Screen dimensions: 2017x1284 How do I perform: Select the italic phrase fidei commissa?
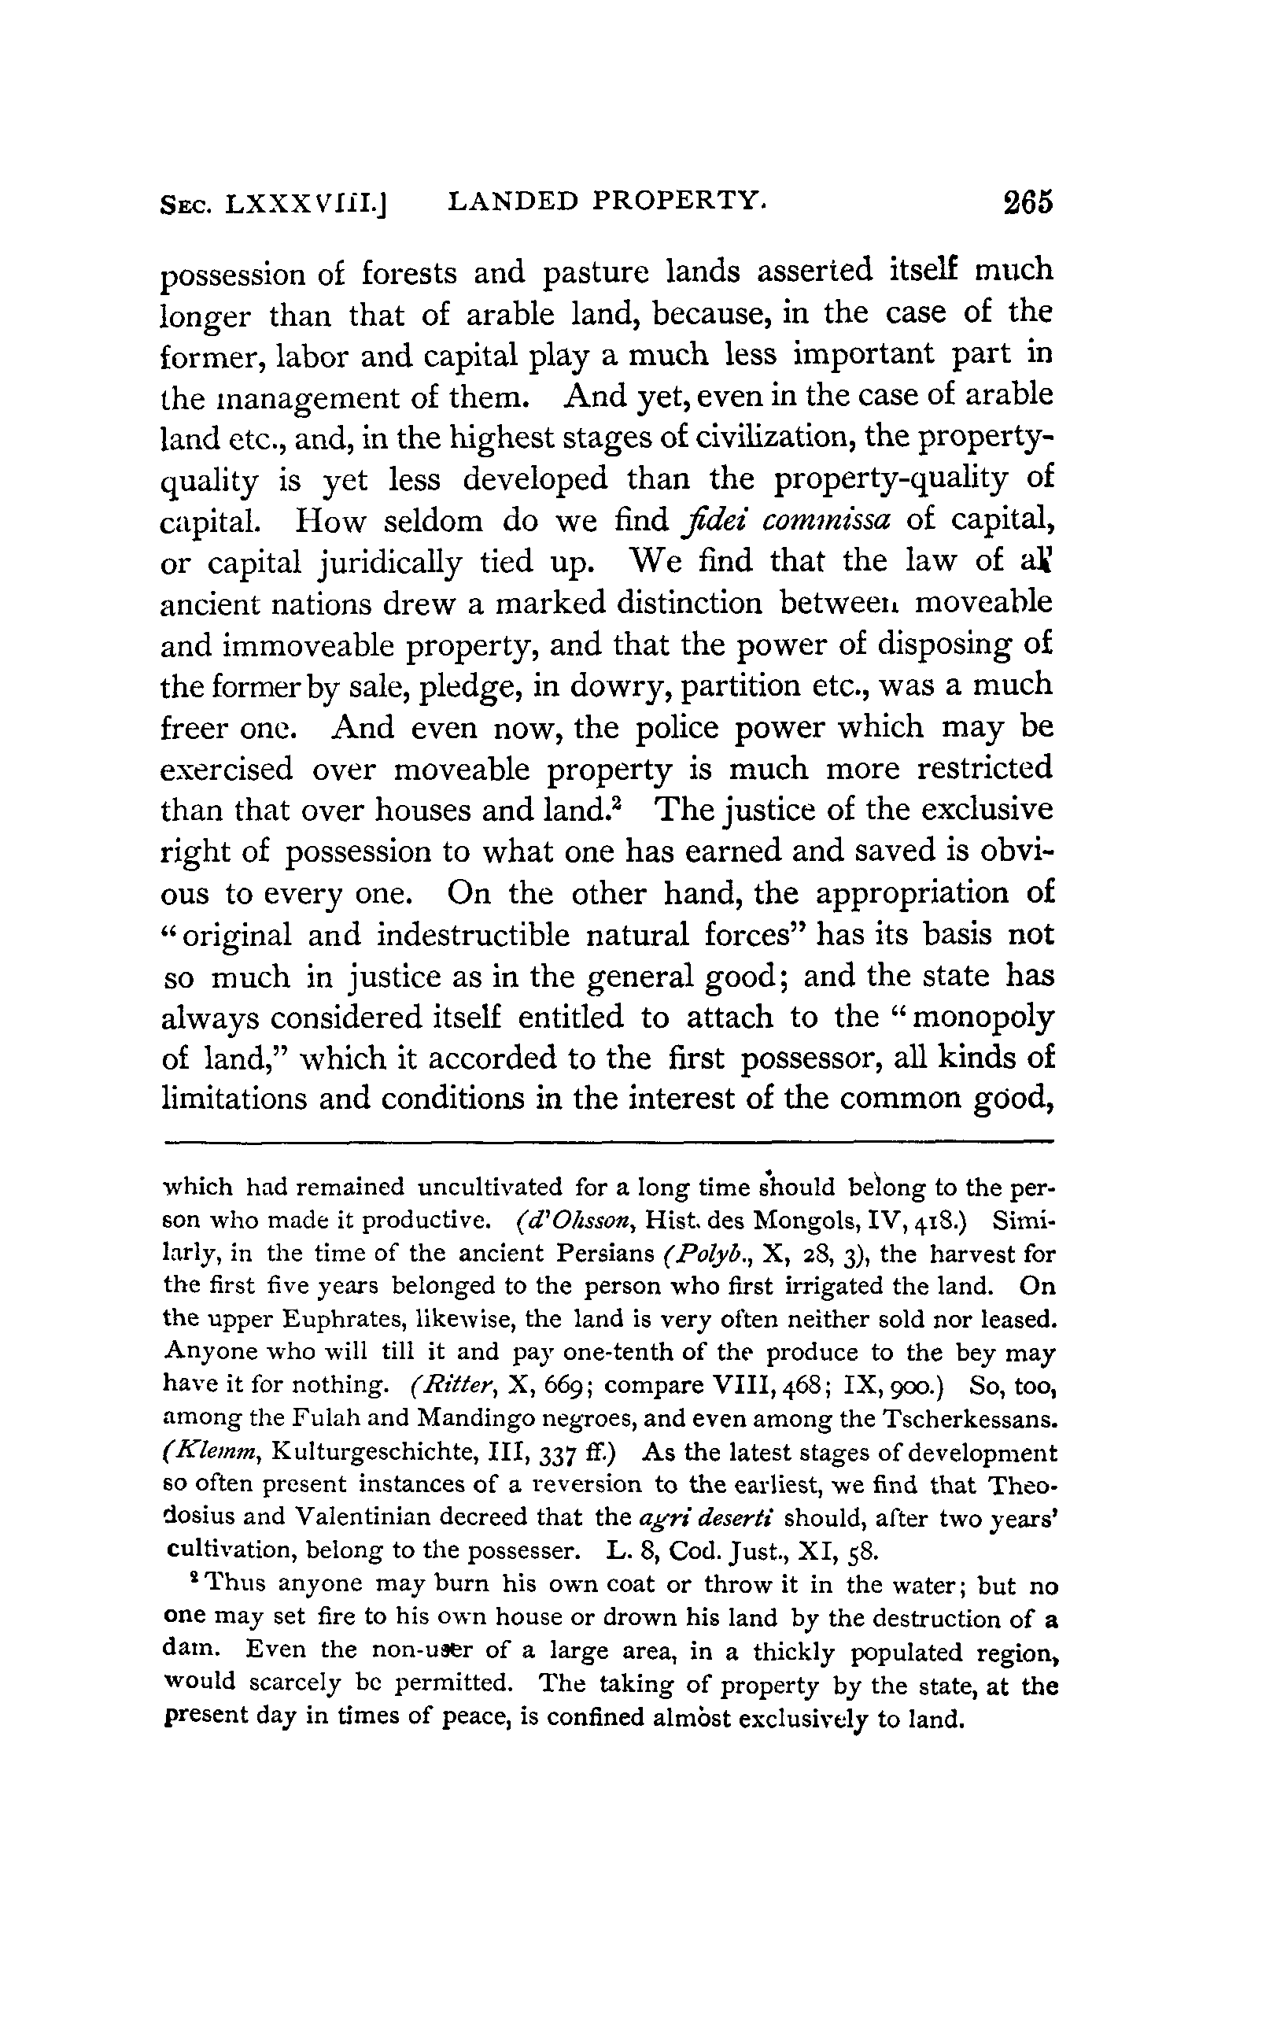point(785,520)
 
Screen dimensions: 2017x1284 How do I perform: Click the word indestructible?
point(485,935)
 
